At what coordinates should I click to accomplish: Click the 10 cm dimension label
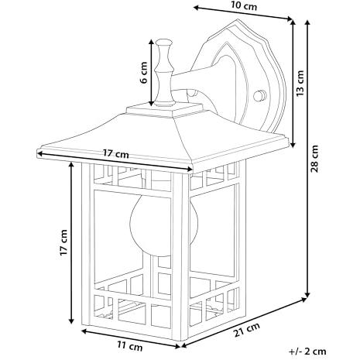click(x=244, y=5)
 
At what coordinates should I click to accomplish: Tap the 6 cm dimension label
click(x=144, y=73)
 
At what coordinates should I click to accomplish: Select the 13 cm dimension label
click(x=300, y=83)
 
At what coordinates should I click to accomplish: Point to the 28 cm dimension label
click(x=314, y=159)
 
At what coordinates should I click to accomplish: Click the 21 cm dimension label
click(x=247, y=330)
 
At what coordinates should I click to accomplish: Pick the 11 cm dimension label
click(x=130, y=345)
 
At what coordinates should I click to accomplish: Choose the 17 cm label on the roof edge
click(x=116, y=154)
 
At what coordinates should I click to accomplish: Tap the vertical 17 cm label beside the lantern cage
click(x=63, y=242)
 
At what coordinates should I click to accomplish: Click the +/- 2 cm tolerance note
click(x=307, y=351)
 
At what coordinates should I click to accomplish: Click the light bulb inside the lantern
click(x=151, y=224)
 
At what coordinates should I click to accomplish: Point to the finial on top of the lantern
click(x=164, y=73)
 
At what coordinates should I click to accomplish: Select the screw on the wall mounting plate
click(x=259, y=95)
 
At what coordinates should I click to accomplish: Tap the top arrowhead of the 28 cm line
click(x=307, y=23)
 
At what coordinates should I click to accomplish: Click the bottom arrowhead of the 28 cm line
click(x=307, y=294)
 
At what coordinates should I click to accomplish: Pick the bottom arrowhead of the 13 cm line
click(x=293, y=145)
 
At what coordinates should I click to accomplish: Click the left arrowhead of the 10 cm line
click(x=196, y=8)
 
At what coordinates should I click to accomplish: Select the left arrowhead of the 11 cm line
click(x=84, y=331)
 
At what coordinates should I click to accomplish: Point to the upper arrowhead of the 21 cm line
click(x=303, y=300)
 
